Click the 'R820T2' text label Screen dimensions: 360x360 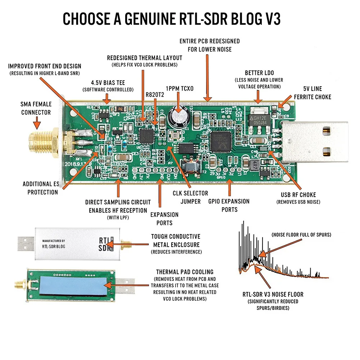coord(155,95)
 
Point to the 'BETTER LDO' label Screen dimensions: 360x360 coord(259,73)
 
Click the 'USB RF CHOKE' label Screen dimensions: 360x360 coord(298,195)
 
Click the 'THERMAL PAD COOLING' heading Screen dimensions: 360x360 coord(184,272)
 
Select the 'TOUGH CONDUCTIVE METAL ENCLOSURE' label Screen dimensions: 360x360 coord(176,241)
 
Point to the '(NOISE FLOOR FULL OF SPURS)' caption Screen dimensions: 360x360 coord(301,234)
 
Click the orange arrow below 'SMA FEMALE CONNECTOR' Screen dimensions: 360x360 coord(36,124)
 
